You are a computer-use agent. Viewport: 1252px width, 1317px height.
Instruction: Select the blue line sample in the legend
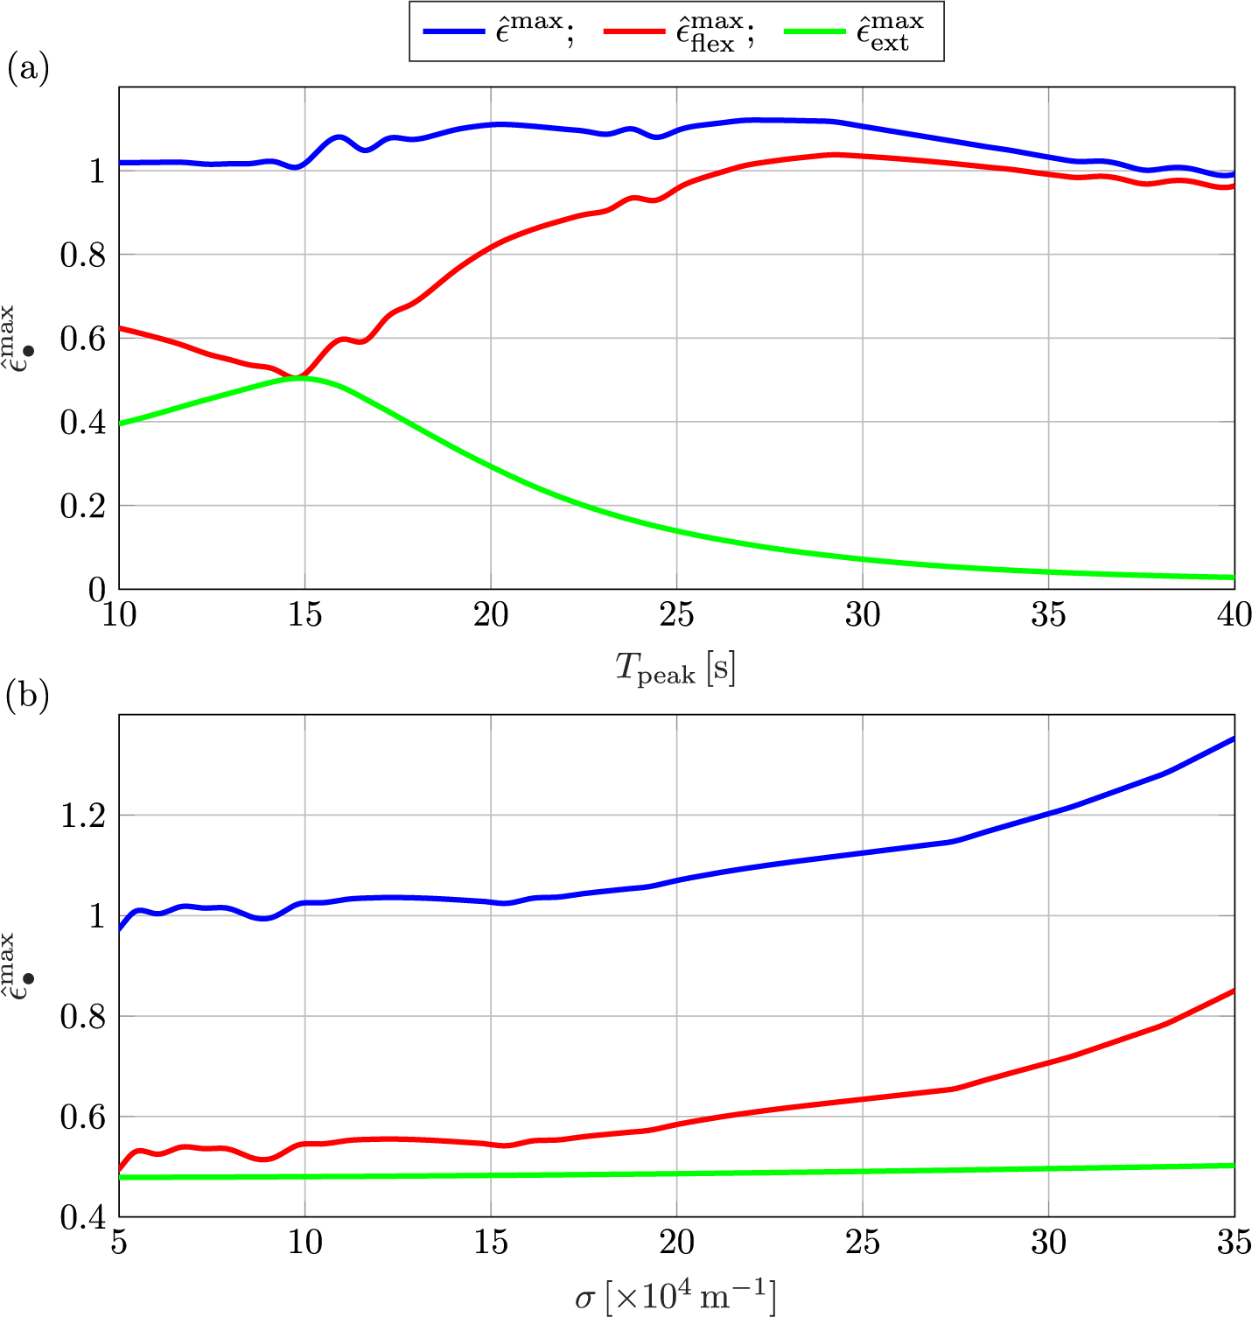pyautogui.click(x=453, y=32)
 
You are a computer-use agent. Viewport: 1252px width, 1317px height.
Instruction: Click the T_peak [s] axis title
pyautogui.click(x=675, y=669)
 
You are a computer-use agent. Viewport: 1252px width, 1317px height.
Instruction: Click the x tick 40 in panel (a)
pyautogui.click(x=1234, y=616)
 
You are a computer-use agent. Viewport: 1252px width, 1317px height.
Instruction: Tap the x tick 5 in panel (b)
pyautogui.click(x=119, y=1243)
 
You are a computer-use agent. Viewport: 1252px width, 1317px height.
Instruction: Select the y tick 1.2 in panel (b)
pyautogui.click(x=84, y=816)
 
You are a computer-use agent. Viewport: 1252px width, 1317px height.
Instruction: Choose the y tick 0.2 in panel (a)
pyautogui.click(x=83, y=507)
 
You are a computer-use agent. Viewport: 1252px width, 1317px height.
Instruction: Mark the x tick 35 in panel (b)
pyautogui.click(x=1234, y=1243)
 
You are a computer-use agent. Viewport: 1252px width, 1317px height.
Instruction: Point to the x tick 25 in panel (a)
pyautogui.click(x=676, y=616)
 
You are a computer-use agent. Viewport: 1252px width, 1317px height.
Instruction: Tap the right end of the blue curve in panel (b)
pyautogui.click(x=1233, y=739)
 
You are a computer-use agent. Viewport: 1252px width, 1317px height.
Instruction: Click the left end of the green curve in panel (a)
pyautogui.click(x=121, y=424)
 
